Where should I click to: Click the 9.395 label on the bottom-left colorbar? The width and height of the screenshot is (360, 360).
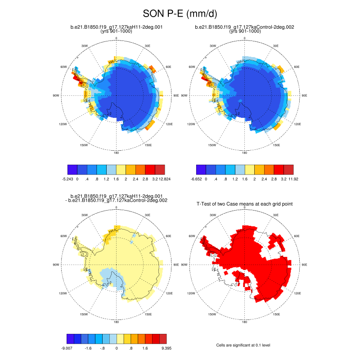pos(165,348)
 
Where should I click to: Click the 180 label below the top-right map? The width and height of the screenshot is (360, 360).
pos(244,153)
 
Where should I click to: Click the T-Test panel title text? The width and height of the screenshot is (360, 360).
pos(245,204)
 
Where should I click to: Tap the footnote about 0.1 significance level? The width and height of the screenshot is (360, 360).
pos(243,345)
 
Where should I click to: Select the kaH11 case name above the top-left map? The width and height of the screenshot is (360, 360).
pos(117,27)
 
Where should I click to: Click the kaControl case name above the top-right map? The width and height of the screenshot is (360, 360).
pos(244,27)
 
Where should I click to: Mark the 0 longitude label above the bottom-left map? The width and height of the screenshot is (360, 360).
pos(117,207)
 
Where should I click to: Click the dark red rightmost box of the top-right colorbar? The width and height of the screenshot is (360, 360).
pos(288,169)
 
